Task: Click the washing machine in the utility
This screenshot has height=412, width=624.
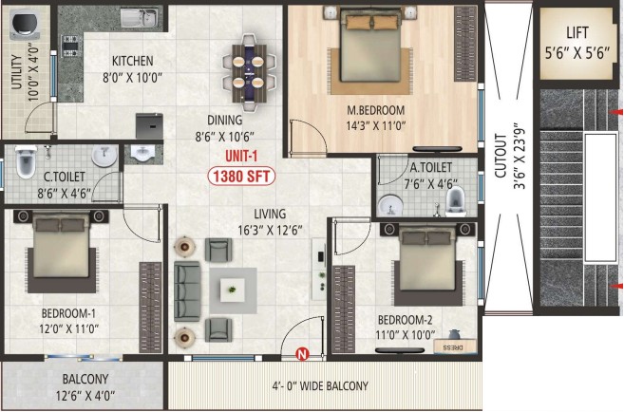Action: click(25, 25)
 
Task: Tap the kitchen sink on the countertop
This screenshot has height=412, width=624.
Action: click(140, 17)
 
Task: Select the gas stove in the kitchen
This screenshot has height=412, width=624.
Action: click(71, 47)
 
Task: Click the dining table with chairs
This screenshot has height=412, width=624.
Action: click(249, 73)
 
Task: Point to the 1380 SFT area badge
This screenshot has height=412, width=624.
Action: click(241, 177)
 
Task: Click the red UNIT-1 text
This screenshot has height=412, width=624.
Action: click(241, 156)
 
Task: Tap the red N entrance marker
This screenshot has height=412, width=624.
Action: click(303, 353)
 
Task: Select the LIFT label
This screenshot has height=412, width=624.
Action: click(577, 32)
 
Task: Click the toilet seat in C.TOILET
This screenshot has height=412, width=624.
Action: click(26, 162)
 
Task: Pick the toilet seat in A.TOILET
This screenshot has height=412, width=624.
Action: click(456, 201)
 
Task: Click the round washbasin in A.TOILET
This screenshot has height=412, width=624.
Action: click(390, 205)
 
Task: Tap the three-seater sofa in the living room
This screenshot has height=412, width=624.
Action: click(187, 291)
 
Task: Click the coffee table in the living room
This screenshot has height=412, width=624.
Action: click(233, 290)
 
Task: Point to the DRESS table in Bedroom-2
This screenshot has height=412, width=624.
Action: click(455, 346)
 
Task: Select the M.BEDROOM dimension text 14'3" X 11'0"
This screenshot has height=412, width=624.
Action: click(376, 126)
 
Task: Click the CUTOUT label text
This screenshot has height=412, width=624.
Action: click(501, 156)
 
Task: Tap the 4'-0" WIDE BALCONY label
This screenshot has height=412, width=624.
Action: click(320, 385)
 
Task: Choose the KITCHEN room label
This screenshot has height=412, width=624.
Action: click(133, 61)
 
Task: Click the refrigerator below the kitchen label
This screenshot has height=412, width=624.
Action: click(149, 126)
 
